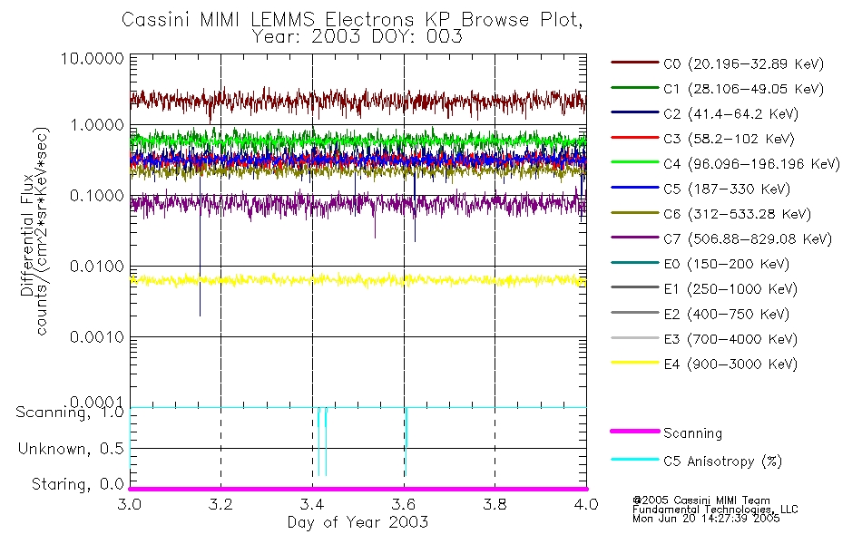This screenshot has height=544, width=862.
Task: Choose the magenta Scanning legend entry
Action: coord(692,433)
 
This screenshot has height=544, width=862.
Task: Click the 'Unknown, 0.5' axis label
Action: coord(71,449)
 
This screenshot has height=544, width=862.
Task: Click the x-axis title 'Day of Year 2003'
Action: coord(358,521)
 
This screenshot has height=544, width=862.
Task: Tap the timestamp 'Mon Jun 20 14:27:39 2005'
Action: coord(714,520)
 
